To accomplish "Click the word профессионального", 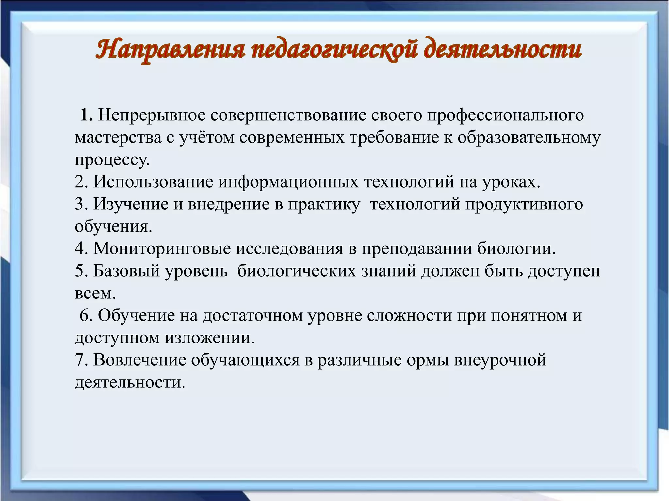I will point(506,115).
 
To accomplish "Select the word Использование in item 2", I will point(153,182).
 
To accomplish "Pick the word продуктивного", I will point(524,204).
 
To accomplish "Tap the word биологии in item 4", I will point(517,249).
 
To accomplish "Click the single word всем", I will point(95,293).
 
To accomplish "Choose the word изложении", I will point(209,338).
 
